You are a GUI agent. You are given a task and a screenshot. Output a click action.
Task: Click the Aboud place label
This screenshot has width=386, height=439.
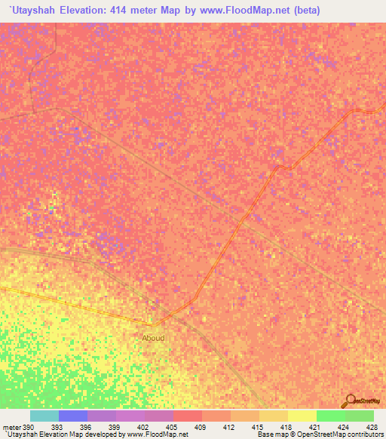(153, 338)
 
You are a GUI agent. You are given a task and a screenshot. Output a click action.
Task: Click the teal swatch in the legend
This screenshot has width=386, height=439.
(44, 416)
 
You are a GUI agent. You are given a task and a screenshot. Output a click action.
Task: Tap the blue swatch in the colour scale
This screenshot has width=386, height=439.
(73, 416)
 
